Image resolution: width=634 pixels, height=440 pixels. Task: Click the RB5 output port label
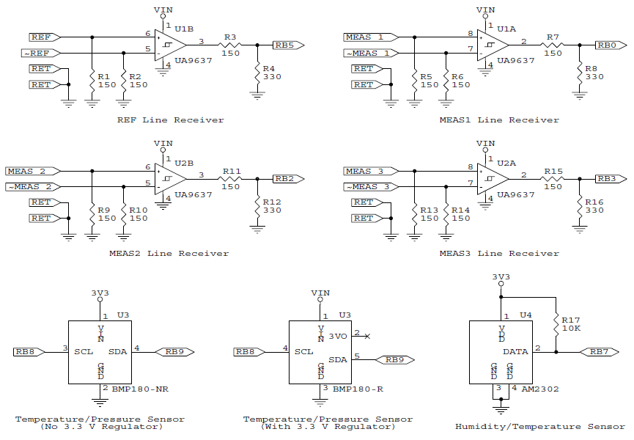[x=287, y=45]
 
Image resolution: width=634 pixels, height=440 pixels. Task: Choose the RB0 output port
[x=608, y=45]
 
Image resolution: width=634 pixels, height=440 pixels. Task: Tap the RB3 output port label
[x=608, y=178]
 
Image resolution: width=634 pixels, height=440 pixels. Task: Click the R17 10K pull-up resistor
[x=556, y=324]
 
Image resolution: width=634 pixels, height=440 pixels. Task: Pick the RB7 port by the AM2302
[x=602, y=352]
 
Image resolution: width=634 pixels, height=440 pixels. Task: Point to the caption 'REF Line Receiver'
[x=170, y=120]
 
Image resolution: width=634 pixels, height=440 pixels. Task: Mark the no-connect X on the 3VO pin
[x=367, y=336]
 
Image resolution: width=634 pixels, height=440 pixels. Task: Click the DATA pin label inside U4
[x=515, y=352]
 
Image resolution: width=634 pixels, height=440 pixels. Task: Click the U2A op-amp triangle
[x=490, y=178]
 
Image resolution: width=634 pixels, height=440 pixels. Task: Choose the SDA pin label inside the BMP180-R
[x=338, y=359]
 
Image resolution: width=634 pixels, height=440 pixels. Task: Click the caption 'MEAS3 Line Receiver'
[x=499, y=253]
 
